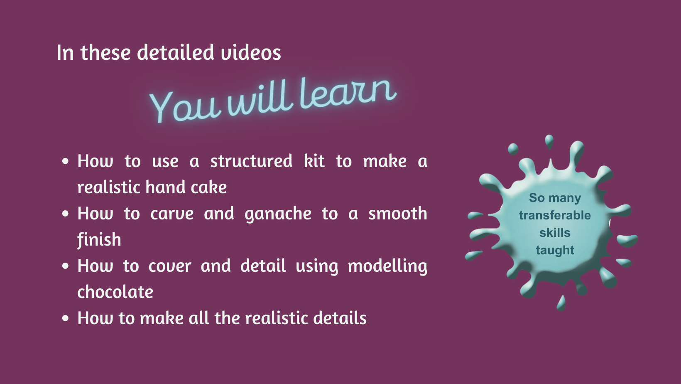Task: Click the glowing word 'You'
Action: tap(184, 106)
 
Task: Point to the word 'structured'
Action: tap(251, 161)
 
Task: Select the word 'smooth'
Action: tap(398, 213)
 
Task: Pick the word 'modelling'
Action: tap(387, 266)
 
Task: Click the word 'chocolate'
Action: tap(115, 292)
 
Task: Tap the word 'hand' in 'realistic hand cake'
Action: tap(165, 187)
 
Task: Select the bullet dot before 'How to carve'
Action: tap(65, 213)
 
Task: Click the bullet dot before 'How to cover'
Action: tap(65, 266)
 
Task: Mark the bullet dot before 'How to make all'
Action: tap(65, 318)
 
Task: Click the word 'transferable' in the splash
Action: tap(555, 215)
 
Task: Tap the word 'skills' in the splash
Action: tap(555, 232)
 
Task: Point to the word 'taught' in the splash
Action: tap(555, 251)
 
